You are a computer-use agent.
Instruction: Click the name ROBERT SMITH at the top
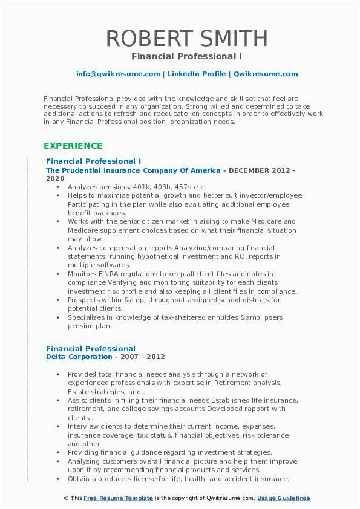tap(186, 38)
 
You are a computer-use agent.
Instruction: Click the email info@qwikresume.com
tap(118, 74)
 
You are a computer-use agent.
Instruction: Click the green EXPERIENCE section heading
tap(73, 146)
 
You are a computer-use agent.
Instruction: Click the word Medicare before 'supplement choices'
tap(87, 230)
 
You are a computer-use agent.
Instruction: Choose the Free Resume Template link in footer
tap(118, 498)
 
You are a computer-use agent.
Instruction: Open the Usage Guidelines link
tap(283, 498)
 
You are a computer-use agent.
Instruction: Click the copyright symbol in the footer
tap(65, 498)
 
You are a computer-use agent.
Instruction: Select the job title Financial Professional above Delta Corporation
tap(90, 348)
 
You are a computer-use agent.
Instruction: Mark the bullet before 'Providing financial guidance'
tap(58, 452)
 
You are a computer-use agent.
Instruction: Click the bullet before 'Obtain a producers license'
tap(58, 479)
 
